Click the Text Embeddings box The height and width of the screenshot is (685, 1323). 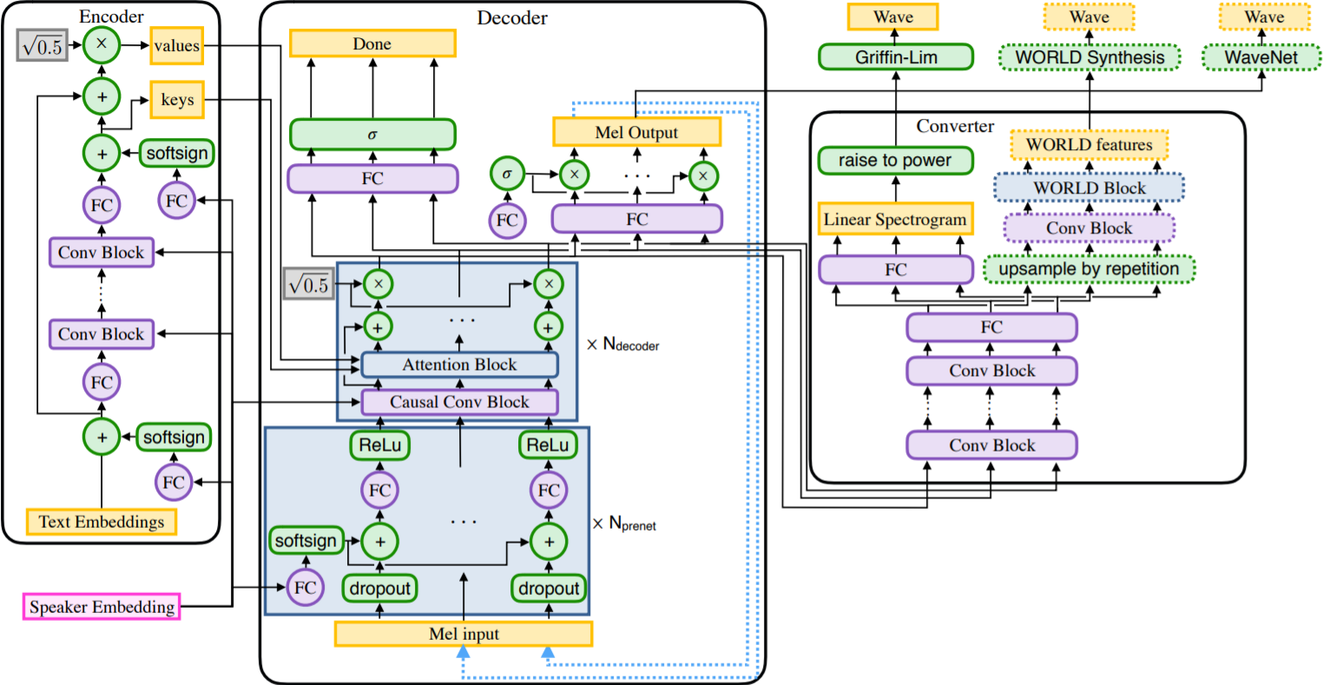point(102,522)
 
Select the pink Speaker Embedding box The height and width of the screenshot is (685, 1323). point(102,607)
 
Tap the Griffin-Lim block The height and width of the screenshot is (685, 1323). point(895,57)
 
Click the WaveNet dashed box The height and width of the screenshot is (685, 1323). point(1260,57)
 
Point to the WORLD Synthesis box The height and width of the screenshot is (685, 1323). point(1089,57)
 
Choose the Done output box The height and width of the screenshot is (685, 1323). point(372,44)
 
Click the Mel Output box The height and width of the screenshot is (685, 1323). point(636,132)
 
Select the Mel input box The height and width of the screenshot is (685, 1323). point(464,634)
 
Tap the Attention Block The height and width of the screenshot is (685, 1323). point(459,365)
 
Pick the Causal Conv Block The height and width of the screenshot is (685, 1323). point(459,402)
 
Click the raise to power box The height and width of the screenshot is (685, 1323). point(895,161)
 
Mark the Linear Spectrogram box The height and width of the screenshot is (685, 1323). point(895,220)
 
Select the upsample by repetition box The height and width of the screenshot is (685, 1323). point(1089,269)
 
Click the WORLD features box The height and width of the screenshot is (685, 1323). point(1089,145)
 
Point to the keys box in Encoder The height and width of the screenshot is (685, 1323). point(177,100)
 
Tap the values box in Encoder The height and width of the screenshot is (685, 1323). point(177,46)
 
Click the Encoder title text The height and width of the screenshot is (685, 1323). point(111,16)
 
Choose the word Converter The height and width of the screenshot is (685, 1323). point(955,126)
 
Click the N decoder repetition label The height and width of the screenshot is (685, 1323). point(623,345)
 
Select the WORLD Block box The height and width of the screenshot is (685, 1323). point(1089,188)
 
